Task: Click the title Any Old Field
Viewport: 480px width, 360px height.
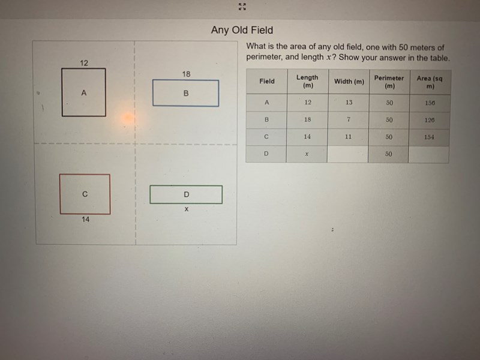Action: coord(242,30)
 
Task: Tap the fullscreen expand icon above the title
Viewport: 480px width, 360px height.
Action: coord(242,7)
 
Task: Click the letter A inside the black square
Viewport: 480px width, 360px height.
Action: coord(83,93)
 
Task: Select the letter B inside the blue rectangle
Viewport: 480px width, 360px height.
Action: coord(186,94)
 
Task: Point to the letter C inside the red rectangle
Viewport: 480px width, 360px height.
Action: coord(85,194)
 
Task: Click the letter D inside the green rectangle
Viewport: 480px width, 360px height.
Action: coord(186,194)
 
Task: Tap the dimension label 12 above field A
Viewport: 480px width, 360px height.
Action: coord(84,63)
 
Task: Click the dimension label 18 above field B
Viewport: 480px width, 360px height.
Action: coord(186,74)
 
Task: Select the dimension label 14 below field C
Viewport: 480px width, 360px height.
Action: coord(85,219)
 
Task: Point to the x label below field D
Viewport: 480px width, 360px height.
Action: coord(187,209)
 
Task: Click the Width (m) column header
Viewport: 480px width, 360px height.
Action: coord(349,82)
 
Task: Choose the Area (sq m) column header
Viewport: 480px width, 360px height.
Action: coord(430,82)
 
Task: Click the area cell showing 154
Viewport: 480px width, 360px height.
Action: coord(429,137)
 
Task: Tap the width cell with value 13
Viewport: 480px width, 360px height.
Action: coord(349,102)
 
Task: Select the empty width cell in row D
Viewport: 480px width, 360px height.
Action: coord(347,154)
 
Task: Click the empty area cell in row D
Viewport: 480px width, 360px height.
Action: coord(428,154)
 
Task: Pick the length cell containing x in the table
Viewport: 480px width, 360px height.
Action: coord(307,154)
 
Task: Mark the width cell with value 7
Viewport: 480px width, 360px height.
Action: coord(349,119)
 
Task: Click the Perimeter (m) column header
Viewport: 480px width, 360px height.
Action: coord(389,82)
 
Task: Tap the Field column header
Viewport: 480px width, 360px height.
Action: coord(267,81)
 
